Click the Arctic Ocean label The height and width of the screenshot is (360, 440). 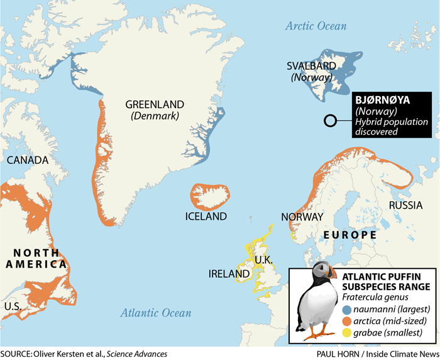316,26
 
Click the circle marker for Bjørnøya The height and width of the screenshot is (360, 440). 329,122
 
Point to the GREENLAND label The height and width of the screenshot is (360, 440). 155,104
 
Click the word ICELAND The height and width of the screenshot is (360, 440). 206,216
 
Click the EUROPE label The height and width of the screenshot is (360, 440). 350,235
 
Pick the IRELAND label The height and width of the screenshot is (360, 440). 229,275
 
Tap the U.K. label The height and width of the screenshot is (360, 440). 263,259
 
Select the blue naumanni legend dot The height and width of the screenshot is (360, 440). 346,309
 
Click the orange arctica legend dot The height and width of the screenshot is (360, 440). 346,320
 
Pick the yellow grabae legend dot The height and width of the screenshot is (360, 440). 346,332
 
